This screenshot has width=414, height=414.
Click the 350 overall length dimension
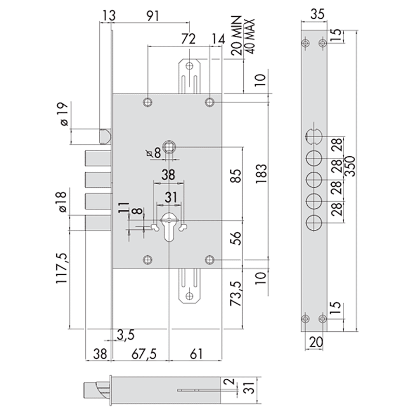(350, 166)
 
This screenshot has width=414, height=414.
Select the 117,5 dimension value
(62, 269)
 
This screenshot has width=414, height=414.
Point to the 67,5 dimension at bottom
(144, 354)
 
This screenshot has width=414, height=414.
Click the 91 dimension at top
(153, 16)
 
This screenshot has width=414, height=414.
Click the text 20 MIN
(236, 35)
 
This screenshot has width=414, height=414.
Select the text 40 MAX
(249, 36)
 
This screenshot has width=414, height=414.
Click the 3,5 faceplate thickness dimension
(125, 335)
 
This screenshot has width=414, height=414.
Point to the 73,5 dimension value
(235, 293)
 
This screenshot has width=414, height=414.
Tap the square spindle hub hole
(169, 147)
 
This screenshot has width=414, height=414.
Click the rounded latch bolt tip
(106, 136)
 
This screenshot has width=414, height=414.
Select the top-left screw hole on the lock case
(147, 102)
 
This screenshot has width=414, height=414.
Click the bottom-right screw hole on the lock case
(210, 260)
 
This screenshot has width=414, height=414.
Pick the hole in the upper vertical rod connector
(189, 66)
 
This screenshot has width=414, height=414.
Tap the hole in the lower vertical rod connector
(189, 296)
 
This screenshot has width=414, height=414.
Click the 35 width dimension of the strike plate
(317, 14)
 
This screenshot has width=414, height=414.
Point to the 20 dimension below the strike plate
(316, 342)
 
